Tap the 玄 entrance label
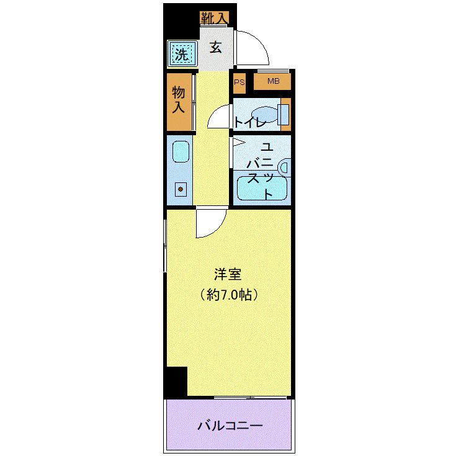click(215, 47)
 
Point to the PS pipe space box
click(239, 81)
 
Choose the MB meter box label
click(273, 81)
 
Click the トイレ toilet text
click(249, 122)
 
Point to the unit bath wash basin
click(285, 167)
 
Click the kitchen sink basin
click(181, 151)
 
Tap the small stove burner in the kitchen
click(181, 189)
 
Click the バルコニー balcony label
click(230, 426)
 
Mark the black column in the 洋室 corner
click(176, 382)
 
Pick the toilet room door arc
click(218, 117)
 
